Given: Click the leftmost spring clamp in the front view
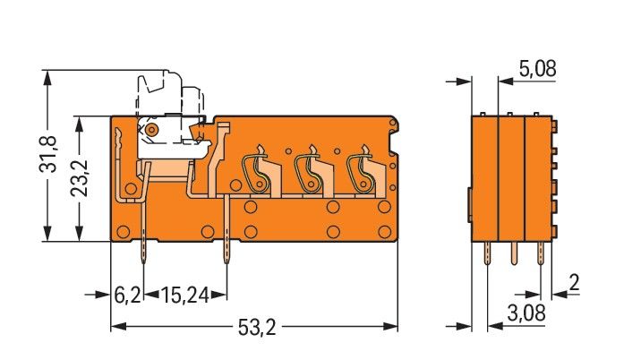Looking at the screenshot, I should [256, 168].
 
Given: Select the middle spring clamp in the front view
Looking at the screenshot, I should [309, 168].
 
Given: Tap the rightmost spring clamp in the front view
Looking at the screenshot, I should [363, 168].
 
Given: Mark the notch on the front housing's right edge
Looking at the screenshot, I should [394, 138].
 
